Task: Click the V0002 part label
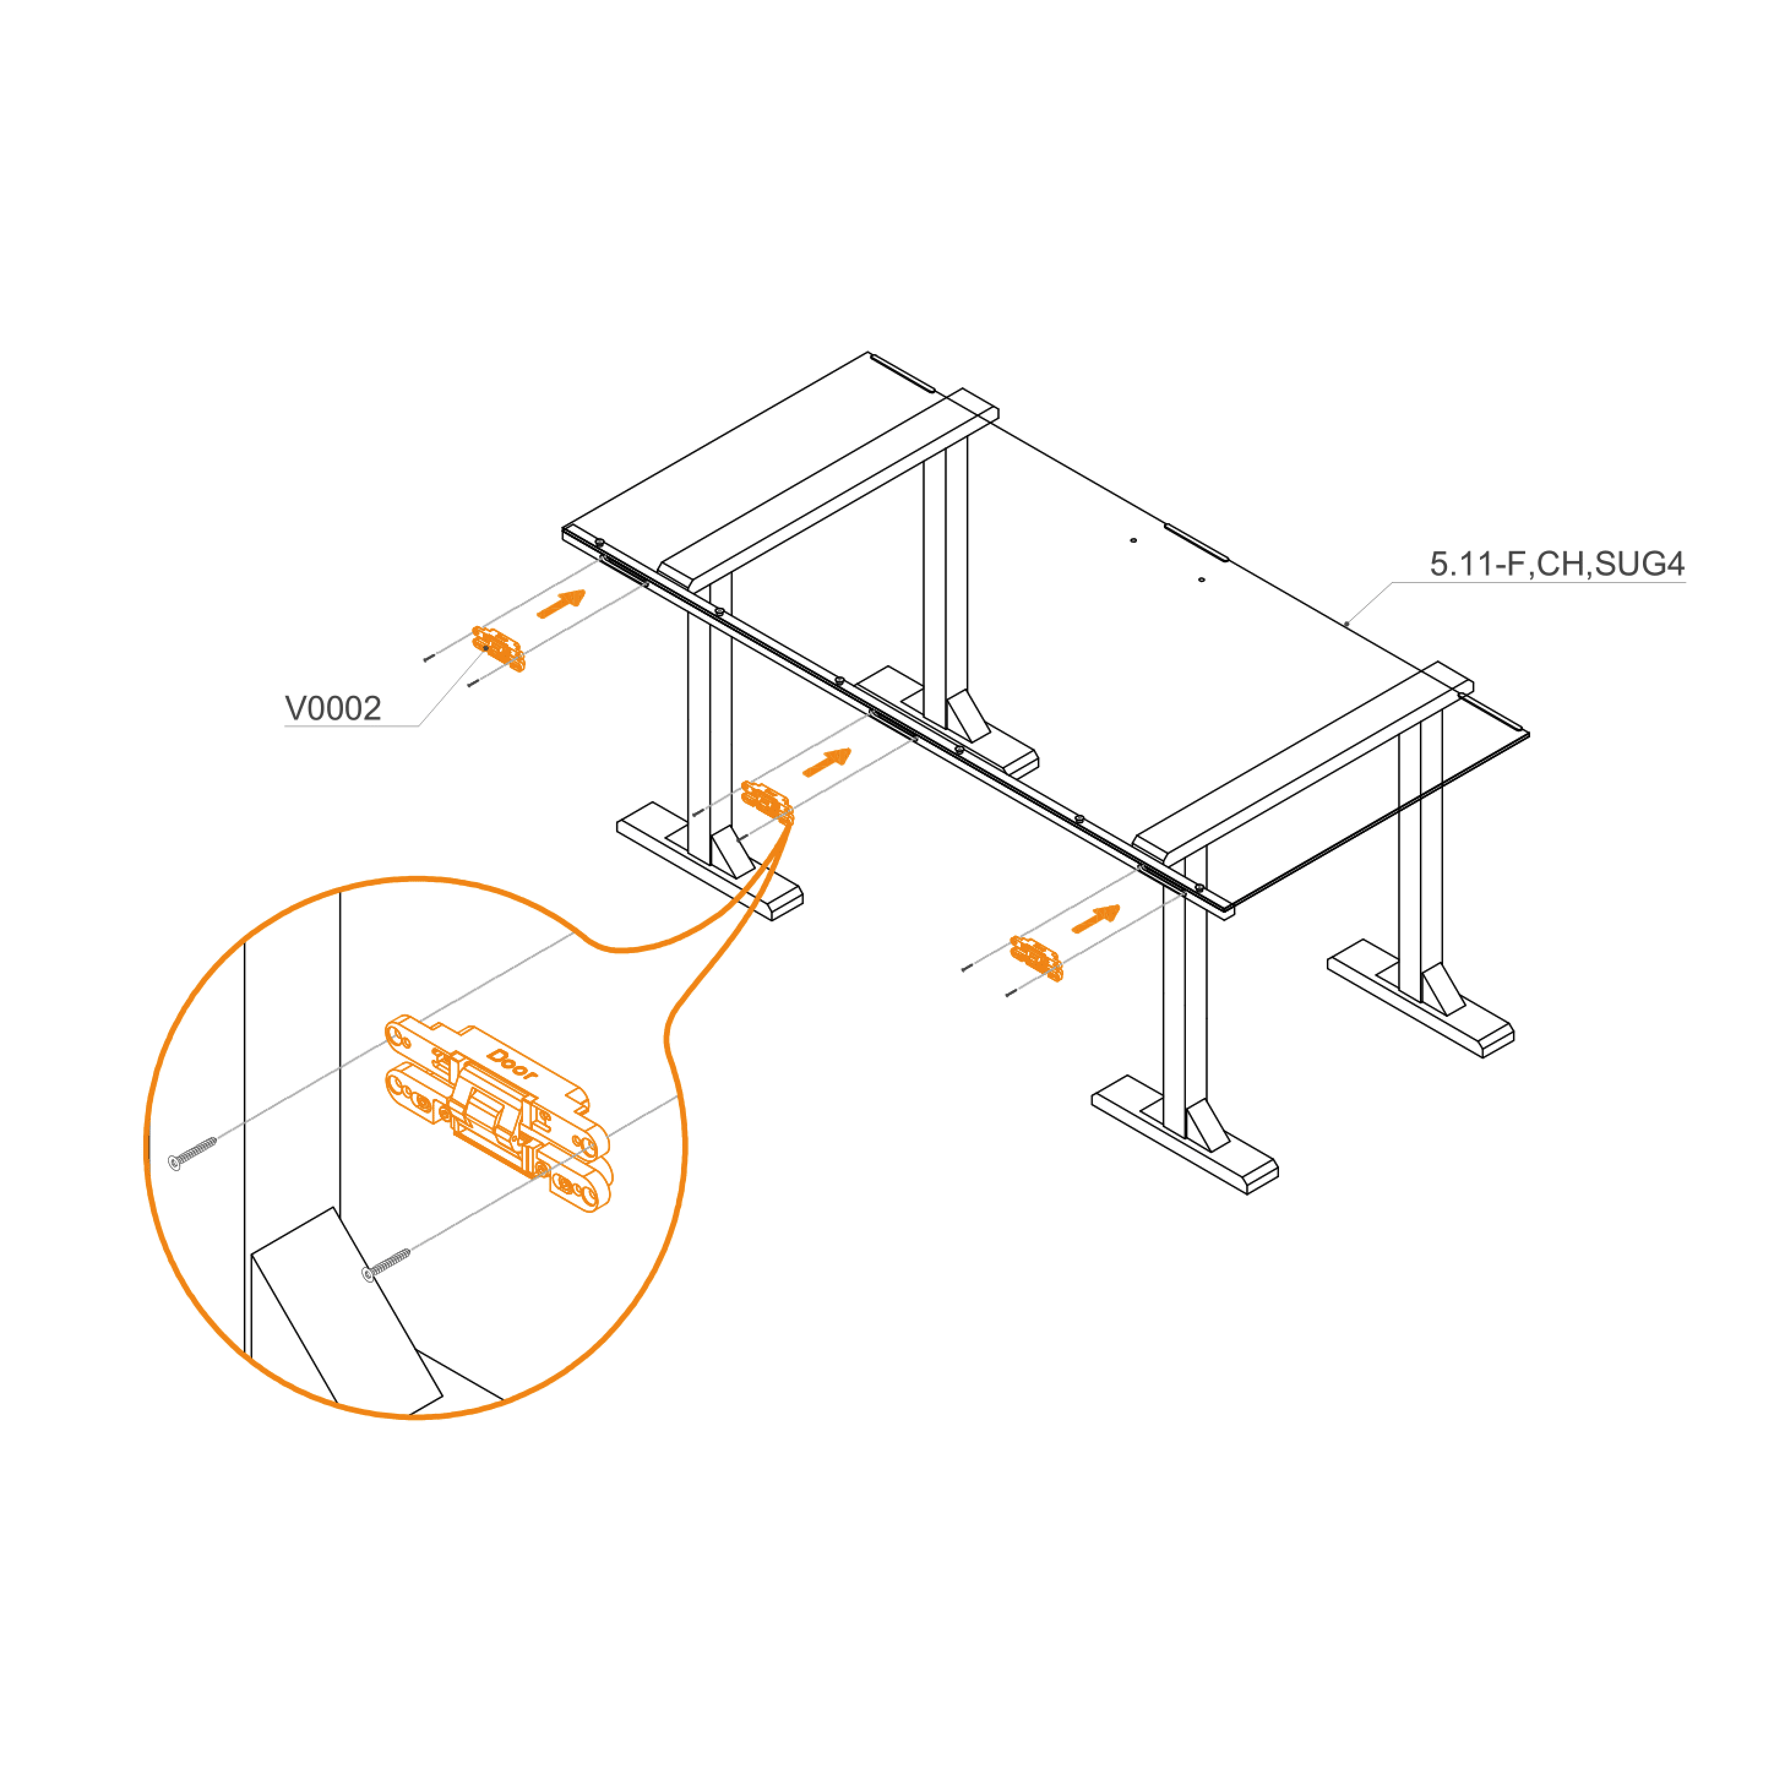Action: pos(333,708)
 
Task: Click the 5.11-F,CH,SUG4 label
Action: pos(1557,564)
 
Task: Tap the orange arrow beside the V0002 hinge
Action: pos(561,604)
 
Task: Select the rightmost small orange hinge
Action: pos(1036,959)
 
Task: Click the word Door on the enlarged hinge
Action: pos(512,1064)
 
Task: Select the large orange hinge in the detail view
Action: pos(497,1113)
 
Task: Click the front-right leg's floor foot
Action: pos(1185,1135)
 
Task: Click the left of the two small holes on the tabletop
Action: pos(1133,540)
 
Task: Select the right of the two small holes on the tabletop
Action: pos(1201,579)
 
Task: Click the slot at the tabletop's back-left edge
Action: pos(902,373)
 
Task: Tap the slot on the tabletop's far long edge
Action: pos(1196,542)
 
